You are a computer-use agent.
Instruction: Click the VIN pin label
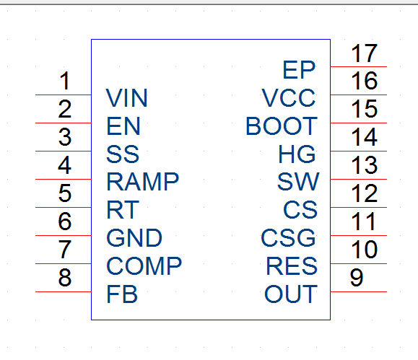[126, 98]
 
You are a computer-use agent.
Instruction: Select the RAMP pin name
[143, 182]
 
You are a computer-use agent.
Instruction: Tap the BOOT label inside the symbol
[282, 126]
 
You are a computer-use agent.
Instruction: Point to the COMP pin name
[144, 265]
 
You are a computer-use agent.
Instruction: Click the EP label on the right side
[299, 70]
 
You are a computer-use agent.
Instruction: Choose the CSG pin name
[289, 237]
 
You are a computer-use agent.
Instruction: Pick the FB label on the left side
[122, 294]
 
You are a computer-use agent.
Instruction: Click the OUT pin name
[291, 294]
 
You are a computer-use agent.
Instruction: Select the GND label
[134, 237]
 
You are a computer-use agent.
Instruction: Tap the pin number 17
[364, 53]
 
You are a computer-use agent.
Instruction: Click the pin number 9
[357, 277]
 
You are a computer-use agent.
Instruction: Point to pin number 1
[65, 81]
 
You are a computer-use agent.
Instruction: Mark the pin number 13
[364, 165]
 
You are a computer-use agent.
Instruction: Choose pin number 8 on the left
[65, 277]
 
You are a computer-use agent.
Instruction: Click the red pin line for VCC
[359, 95]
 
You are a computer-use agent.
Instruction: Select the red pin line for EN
[64, 123]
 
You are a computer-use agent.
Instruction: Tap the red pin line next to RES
[359, 263]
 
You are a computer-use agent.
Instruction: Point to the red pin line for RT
[64, 207]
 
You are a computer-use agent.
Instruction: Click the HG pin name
[297, 154]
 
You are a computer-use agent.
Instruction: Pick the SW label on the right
[298, 182]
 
